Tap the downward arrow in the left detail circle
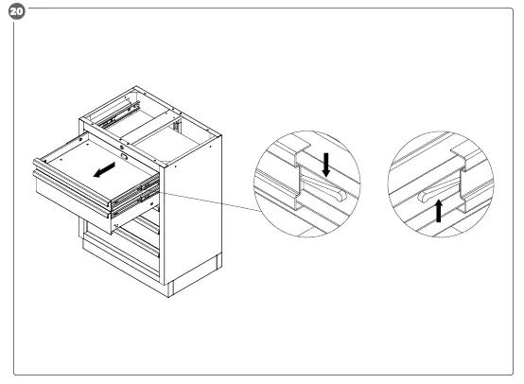[x=325, y=166]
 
